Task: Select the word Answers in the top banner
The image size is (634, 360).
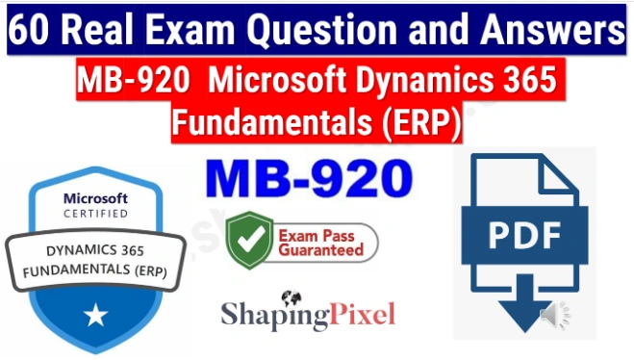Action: pyautogui.click(x=553, y=32)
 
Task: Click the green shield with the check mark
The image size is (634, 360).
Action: pyautogui.click(x=246, y=241)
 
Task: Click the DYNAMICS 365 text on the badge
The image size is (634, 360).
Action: pyautogui.click(x=95, y=251)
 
